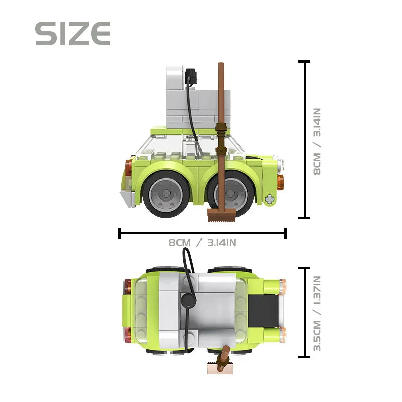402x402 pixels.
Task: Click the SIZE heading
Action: (x=73, y=34)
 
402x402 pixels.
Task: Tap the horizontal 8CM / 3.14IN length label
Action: (x=203, y=243)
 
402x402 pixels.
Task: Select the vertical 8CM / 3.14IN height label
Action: (x=317, y=142)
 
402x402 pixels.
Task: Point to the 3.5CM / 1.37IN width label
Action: (x=317, y=314)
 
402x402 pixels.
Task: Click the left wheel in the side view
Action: (x=166, y=194)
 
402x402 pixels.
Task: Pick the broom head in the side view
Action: (x=221, y=215)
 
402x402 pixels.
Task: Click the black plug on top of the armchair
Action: (x=191, y=76)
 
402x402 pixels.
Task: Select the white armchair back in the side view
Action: (x=175, y=78)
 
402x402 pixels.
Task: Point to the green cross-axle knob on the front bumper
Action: (x=269, y=199)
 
